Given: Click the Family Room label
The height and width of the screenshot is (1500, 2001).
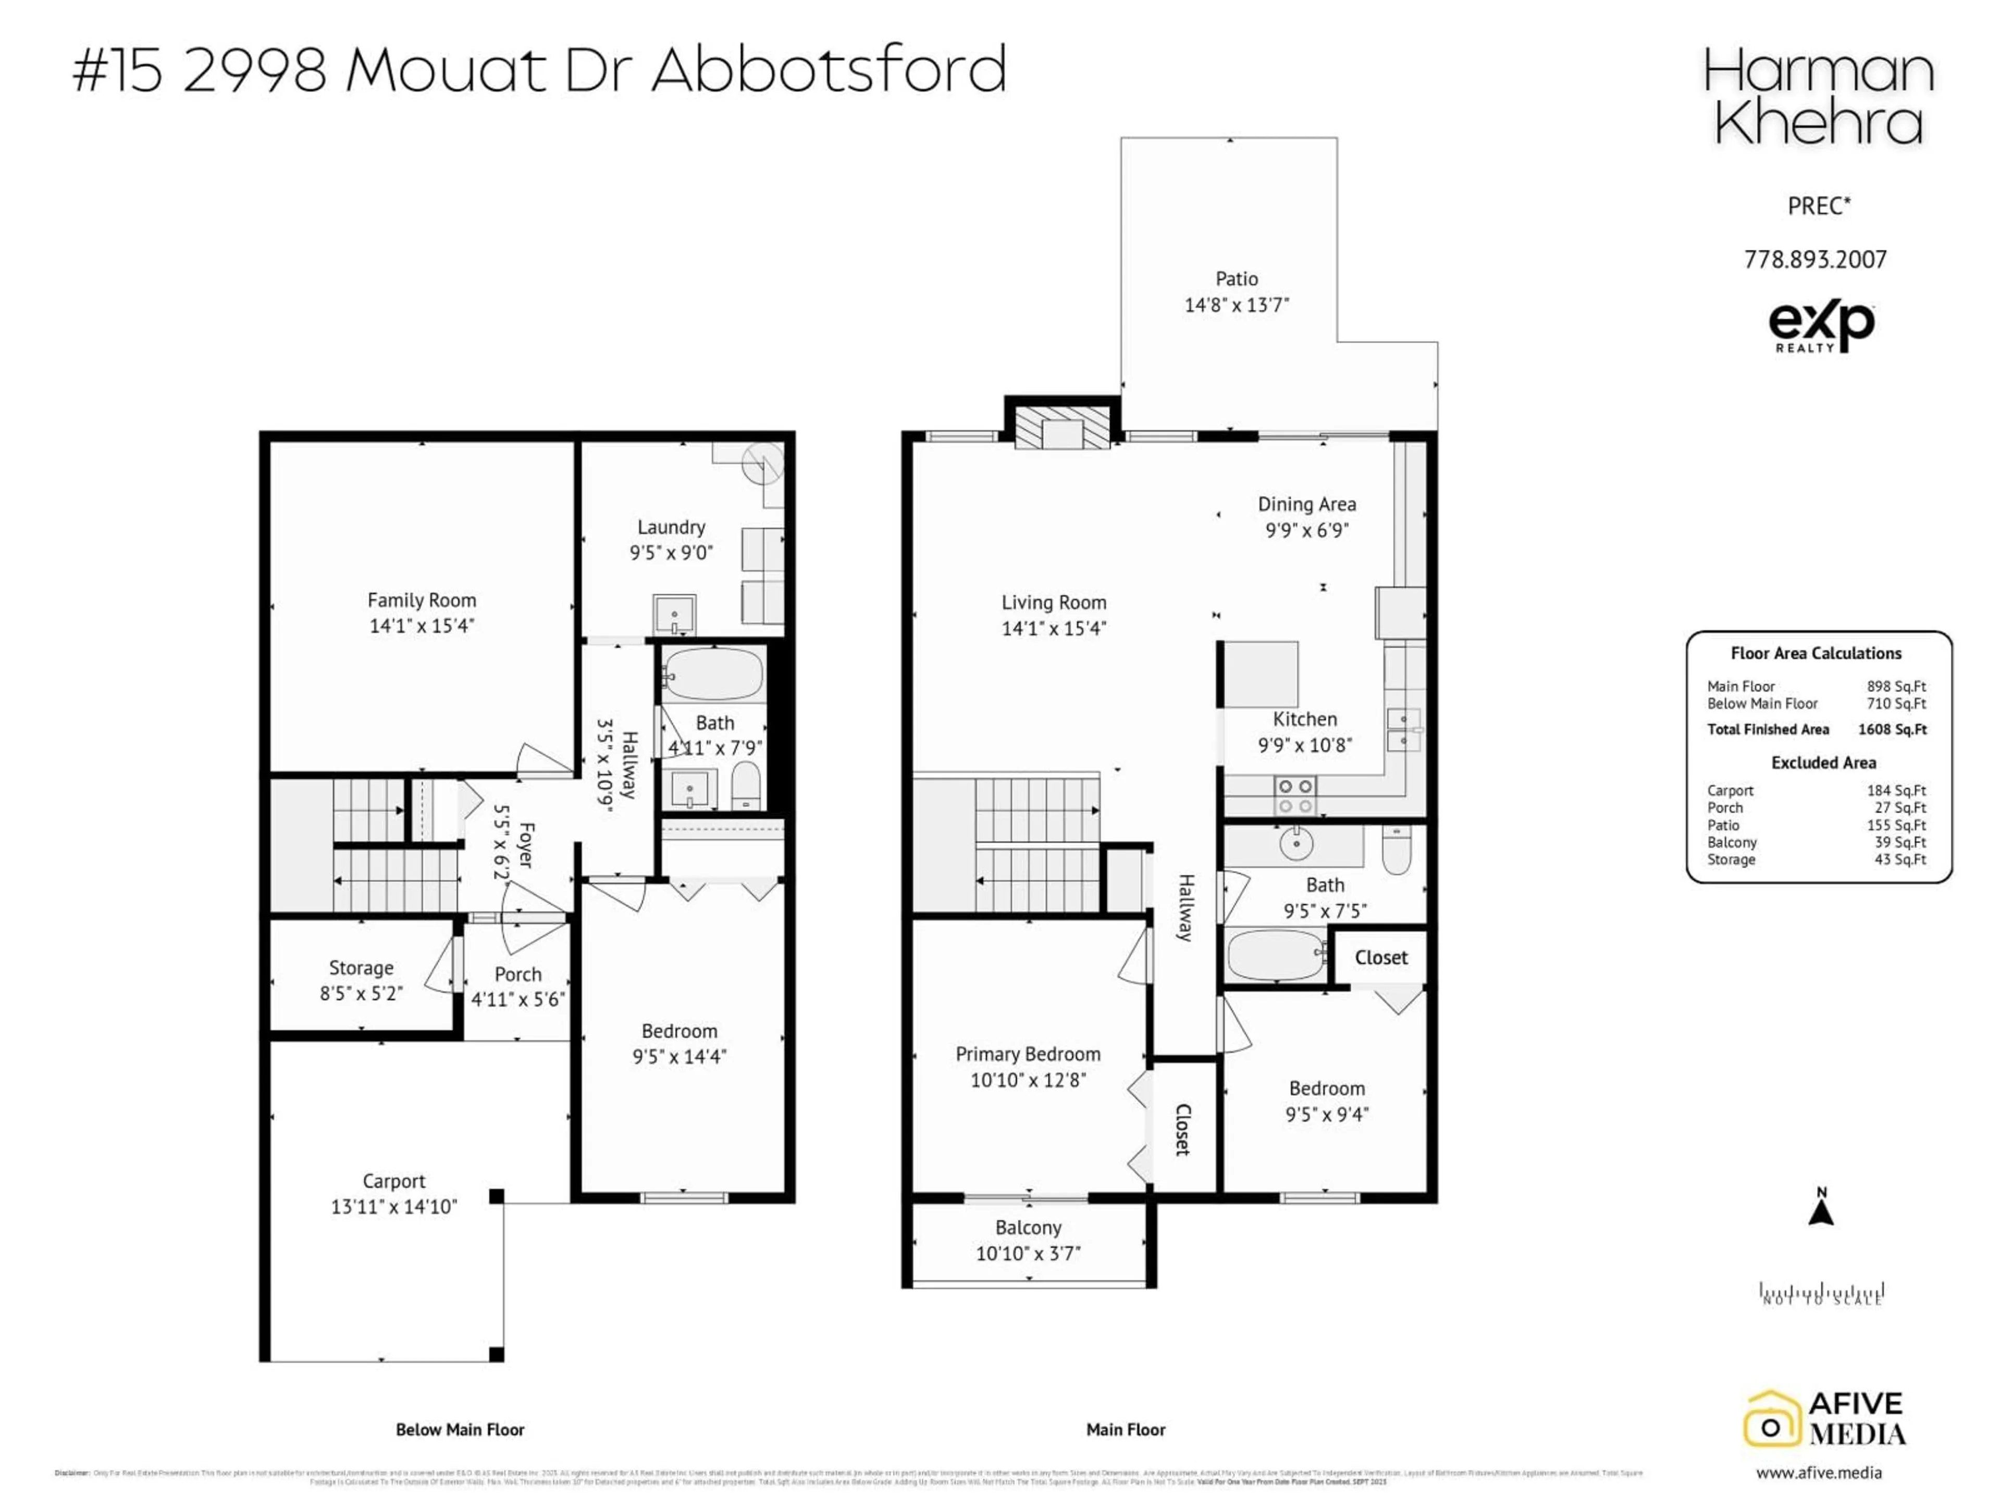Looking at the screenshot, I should pos(422,601).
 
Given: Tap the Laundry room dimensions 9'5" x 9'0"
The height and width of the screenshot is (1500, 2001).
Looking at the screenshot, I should pos(671,553).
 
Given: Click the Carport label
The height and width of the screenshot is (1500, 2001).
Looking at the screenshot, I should pos(393,1181).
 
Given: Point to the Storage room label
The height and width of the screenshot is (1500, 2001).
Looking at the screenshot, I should pos(361,968).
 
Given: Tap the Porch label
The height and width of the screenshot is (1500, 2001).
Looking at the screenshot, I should pos(517,974).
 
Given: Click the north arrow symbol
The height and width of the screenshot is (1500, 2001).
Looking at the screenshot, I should pos(1821,1209).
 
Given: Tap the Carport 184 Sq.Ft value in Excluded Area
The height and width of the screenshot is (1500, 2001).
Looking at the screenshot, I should pos(1896,790).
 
